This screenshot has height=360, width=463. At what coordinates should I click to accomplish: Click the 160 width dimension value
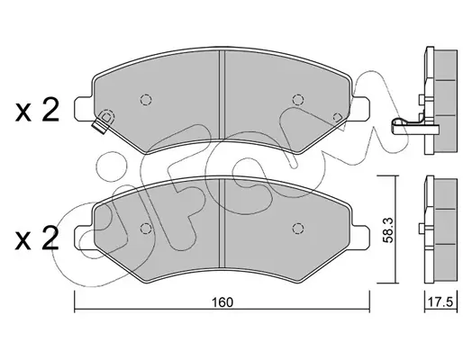point(222,302)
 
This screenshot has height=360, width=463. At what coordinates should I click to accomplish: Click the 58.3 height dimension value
point(388,230)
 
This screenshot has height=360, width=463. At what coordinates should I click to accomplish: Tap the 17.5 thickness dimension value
point(440,302)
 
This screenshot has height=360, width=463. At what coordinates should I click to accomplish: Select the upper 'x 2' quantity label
point(37,112)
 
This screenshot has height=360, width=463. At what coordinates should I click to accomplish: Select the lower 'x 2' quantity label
point(37,238)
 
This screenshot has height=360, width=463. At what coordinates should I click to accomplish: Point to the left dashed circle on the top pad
point(146,100)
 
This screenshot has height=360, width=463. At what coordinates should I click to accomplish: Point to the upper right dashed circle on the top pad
point(297,100)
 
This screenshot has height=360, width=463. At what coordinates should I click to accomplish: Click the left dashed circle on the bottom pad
point(146,229)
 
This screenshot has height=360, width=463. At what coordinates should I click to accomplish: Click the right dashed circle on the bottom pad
point(297,229)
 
